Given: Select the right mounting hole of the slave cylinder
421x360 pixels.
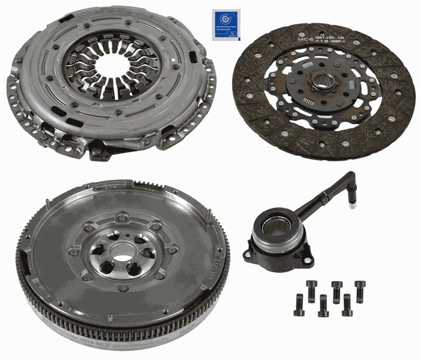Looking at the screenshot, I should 307,261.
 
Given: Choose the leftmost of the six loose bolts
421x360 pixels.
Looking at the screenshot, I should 299,304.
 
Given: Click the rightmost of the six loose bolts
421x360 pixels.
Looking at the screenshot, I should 360,291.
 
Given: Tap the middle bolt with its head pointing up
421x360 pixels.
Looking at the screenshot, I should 324,305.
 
